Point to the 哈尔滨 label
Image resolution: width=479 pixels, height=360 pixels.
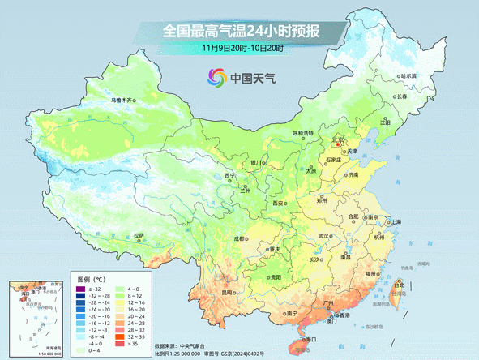408,75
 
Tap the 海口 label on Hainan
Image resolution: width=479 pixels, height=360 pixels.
310,329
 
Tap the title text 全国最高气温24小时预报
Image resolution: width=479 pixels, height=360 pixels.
241,32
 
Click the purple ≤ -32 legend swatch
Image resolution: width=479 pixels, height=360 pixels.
80,289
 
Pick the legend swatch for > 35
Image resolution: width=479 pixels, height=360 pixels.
121,344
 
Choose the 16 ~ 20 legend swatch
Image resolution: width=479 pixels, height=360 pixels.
121,309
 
